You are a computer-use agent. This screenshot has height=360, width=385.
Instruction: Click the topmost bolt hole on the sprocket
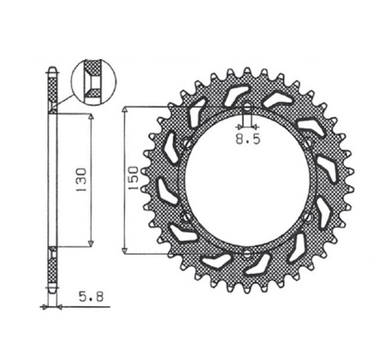(246, 109)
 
